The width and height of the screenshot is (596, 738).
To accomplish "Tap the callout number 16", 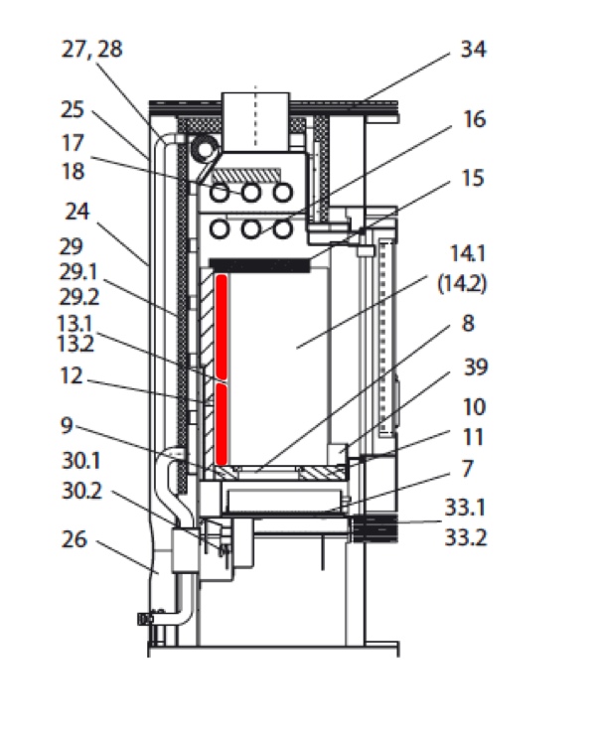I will tap(474, 120).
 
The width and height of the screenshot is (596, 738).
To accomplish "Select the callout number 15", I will tap(474, 179).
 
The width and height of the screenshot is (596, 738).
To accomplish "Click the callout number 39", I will tap(474, 369).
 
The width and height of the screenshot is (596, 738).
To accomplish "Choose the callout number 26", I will tap(74, 540).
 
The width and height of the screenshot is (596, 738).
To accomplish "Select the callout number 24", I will tap(77, 211).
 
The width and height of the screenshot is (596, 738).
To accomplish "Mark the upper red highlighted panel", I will tap(223, 328).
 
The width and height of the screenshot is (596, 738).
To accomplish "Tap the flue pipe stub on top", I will tap(255, 117).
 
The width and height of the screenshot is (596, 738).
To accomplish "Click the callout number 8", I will tap(467, 324).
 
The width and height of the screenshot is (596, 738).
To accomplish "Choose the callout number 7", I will tap(467, 467).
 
